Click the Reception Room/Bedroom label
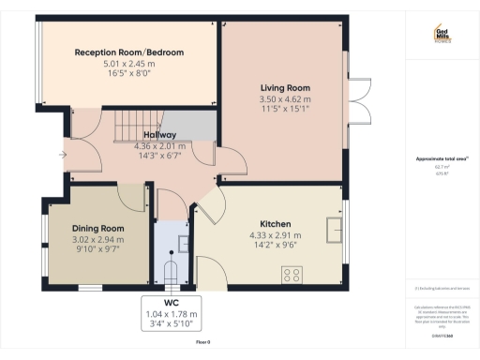(x=129, y=52)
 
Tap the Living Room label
(x=284, y=87)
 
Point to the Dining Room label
(x=98, y=228)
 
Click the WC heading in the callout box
(x=171, y=303)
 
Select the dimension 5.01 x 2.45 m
(x=129, y=64)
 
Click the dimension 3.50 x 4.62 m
(x=284, y=98)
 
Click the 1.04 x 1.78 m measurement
(x=171, y=314)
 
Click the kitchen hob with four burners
(x=292, y=275)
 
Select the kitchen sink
(x=333, y=228)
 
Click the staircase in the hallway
(x=136, y=125)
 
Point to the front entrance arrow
(x=62, y=155)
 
